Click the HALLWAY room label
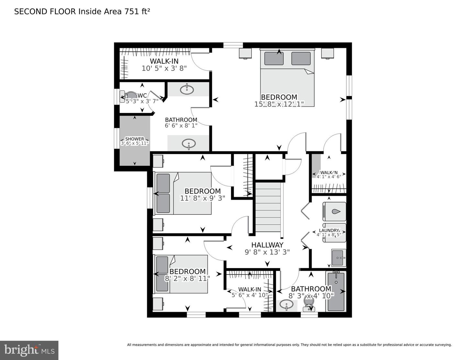tap(267, 245)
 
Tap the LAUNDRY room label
tap(328, 231)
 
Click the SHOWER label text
tap(135, 139)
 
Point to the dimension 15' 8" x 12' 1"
tap(279, 104)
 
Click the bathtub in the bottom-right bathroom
tap(336, 291)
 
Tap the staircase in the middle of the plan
tap(268, 207)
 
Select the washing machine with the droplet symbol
tap(334, 211)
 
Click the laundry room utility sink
tap(338, 258)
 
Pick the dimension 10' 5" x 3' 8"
tap(164, 68)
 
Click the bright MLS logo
tap(29, 350)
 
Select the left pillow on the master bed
tap(274, 59)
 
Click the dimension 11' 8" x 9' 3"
tap(203, 198)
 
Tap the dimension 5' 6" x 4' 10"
tap(250, 295)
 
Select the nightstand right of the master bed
tap(328, 53)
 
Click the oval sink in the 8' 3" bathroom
tap(286, 305)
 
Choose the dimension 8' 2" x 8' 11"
tap(187, 278)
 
